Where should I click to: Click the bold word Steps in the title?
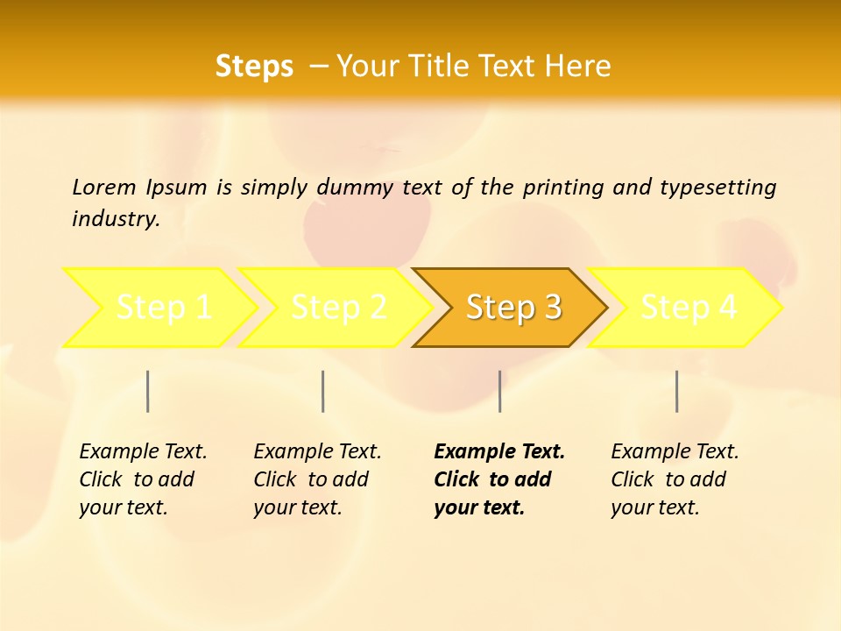(x=254, y=67)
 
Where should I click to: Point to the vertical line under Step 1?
(x=148, y=391)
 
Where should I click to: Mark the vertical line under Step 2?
(x=323, y=391)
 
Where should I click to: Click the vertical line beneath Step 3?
(x=499, y=391)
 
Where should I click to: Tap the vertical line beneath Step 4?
(x=676, y=391)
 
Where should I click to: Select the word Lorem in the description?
(x=104, y=187)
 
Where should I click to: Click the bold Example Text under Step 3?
(x=499, y=451)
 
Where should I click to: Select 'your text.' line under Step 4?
(x=654, y=507)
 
